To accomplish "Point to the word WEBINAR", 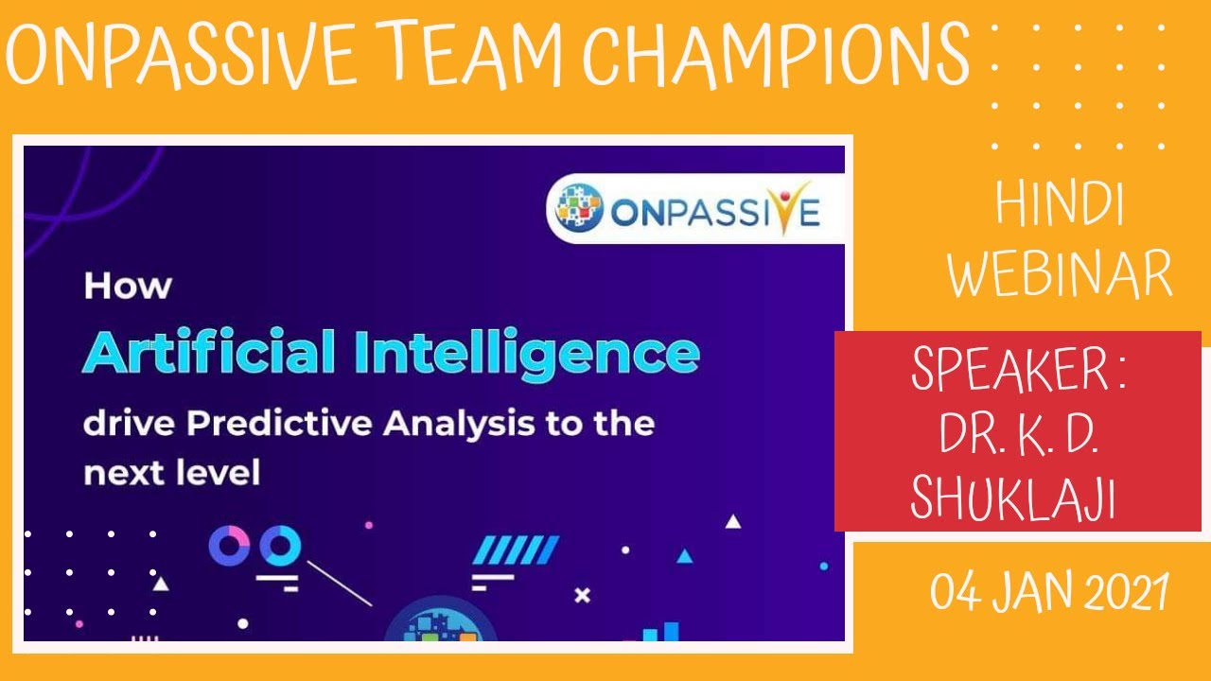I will click(x=1061, y=274).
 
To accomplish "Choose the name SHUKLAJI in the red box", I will click(x=1013, y=497).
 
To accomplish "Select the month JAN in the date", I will click(x=1039, y=593).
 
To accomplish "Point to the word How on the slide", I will click(x=127, y=287).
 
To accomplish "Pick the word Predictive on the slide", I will click(x=281, y=424).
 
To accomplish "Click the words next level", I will click(x=171, y=472).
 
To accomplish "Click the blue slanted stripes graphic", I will click(x=515, y=550).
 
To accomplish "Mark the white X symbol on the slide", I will click(x=583, y=595).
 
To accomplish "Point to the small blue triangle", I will click(x=685, y=556).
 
